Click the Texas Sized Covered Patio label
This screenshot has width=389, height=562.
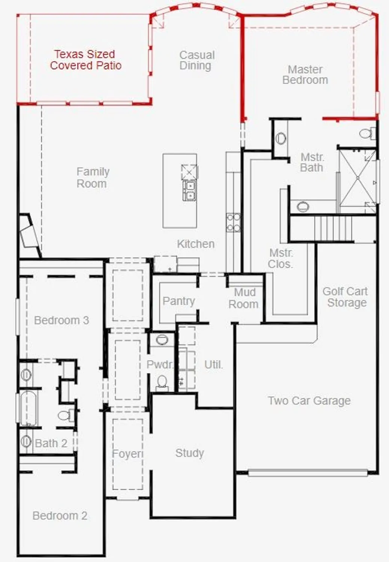85,60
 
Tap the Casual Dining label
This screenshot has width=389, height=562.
197,60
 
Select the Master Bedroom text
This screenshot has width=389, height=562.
305,75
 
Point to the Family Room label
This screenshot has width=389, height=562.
92,178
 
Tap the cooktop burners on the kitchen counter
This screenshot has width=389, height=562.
233,222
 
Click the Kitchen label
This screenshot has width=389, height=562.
195,244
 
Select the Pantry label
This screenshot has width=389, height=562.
179,301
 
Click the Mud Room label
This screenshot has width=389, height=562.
244,298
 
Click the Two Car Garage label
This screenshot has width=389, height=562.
309,401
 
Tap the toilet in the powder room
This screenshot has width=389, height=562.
162,382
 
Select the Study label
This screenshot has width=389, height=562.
189,453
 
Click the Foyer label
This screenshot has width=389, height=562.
127,454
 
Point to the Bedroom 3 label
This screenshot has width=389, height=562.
61,320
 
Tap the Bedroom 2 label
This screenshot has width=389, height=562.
60,516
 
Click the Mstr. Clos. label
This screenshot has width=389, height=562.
281,259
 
